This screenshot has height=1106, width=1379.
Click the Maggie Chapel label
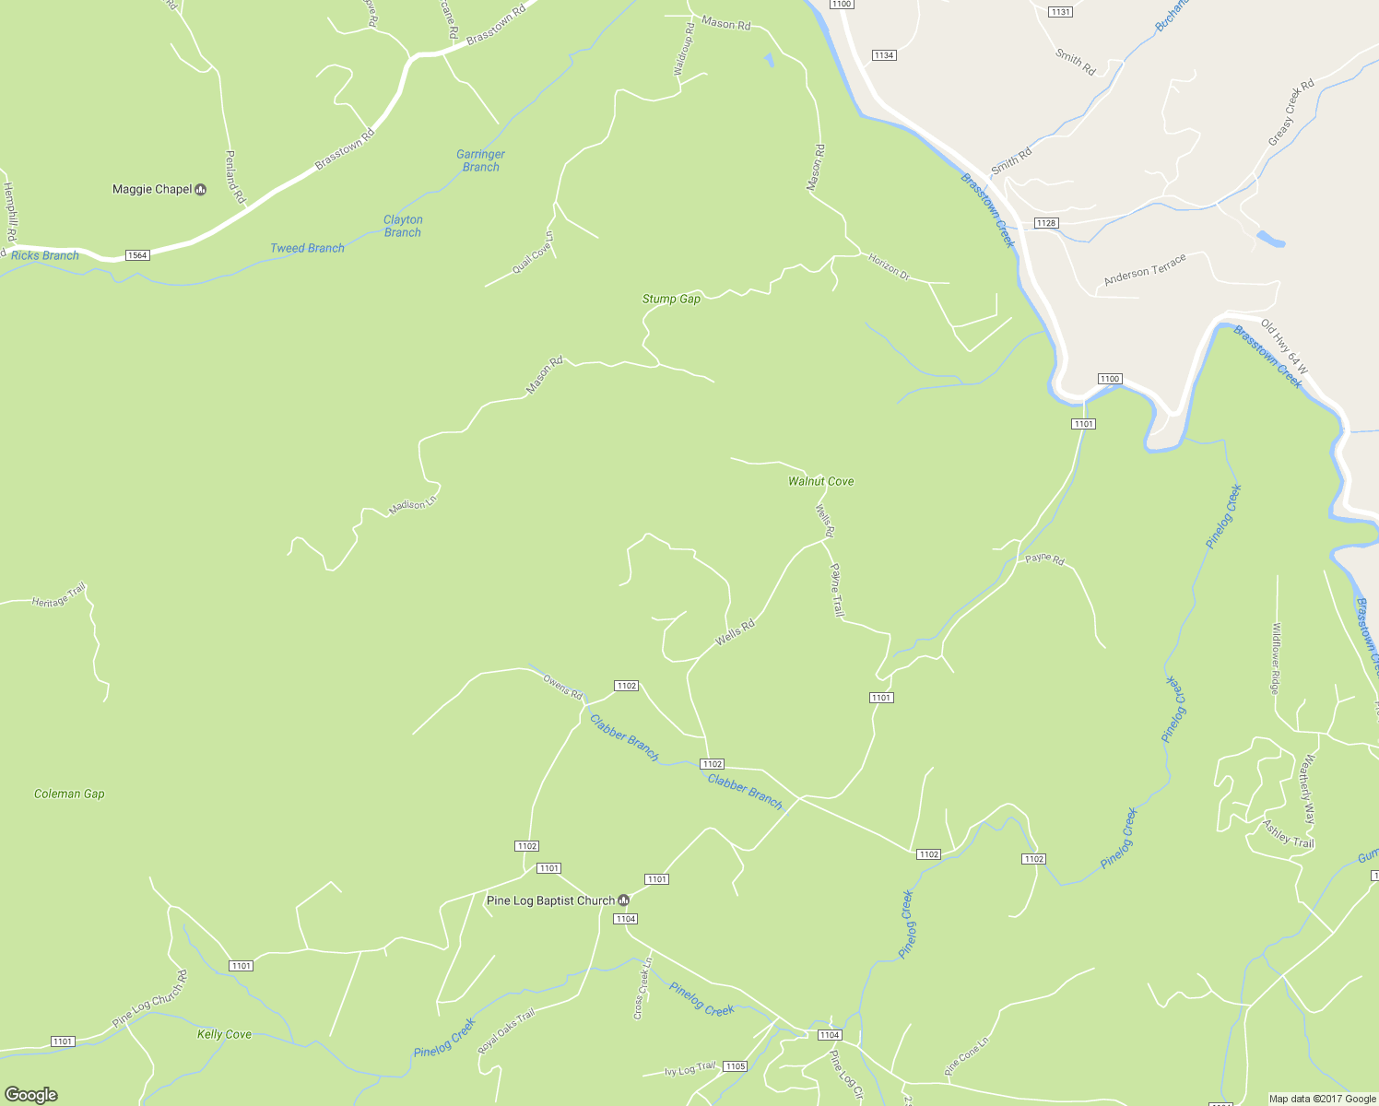coord(152,189)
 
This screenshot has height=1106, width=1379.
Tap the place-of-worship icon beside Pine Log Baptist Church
coord(624,900)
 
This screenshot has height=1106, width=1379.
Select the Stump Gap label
coord(671,299)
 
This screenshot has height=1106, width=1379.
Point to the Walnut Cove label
coord(820,481)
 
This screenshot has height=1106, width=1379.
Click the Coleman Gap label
coord(69,794)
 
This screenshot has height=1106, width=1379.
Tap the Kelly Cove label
coord(224,1034)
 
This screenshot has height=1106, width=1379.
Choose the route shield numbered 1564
coord(137,255)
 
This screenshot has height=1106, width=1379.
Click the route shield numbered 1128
coord(1045,223)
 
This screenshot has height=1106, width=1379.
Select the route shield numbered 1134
coord(883,55)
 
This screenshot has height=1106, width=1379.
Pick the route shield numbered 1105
coord(735,1066)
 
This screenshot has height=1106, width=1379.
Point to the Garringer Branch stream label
coord(480,160)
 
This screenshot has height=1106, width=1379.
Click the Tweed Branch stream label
coord(307,248)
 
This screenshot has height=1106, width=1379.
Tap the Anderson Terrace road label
coord(1145,270)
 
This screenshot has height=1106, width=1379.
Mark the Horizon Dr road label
coord(889,266)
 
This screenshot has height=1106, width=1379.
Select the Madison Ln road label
coord(411,505)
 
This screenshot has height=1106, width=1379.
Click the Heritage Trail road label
coord(59,596)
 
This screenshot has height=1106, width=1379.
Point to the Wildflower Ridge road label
coord(1276,658)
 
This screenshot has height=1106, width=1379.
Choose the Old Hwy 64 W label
coord(1283,347)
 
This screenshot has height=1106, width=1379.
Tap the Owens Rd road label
coord(562,687)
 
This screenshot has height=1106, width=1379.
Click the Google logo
coord(31,1094)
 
